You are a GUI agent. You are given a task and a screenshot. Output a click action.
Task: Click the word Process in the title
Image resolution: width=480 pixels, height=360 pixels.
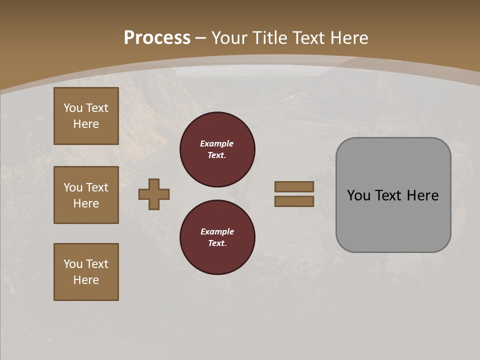(x=157, y=38)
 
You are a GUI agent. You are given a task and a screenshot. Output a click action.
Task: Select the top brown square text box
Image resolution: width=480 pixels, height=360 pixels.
(x=86, y=116)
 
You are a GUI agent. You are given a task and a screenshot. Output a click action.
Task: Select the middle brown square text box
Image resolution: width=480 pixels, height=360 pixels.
(x=86, y=195)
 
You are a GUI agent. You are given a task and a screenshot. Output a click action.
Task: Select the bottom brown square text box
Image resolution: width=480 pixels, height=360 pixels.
(x=86, y=272)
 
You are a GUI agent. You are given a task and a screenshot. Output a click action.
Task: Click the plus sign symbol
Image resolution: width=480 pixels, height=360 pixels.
(x=154, y=194)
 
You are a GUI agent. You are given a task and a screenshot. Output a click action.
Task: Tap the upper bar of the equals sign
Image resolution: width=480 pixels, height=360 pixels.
(x=294, y=186)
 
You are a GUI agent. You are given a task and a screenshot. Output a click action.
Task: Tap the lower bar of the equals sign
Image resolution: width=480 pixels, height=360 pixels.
(x=294, y=201)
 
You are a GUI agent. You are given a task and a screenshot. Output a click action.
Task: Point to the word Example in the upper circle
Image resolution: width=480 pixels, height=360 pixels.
(x=217, y=143)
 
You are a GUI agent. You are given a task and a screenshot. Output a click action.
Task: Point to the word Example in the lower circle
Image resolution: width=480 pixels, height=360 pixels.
(x=217, y=231)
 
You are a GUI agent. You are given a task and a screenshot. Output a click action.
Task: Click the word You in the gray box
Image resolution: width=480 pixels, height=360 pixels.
(x=358, y=195)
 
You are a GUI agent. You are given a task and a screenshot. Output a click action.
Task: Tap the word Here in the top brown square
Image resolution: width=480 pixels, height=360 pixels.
(x=86, y=124)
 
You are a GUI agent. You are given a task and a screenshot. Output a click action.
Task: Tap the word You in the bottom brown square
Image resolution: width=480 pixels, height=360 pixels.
(x=73, y=264)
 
